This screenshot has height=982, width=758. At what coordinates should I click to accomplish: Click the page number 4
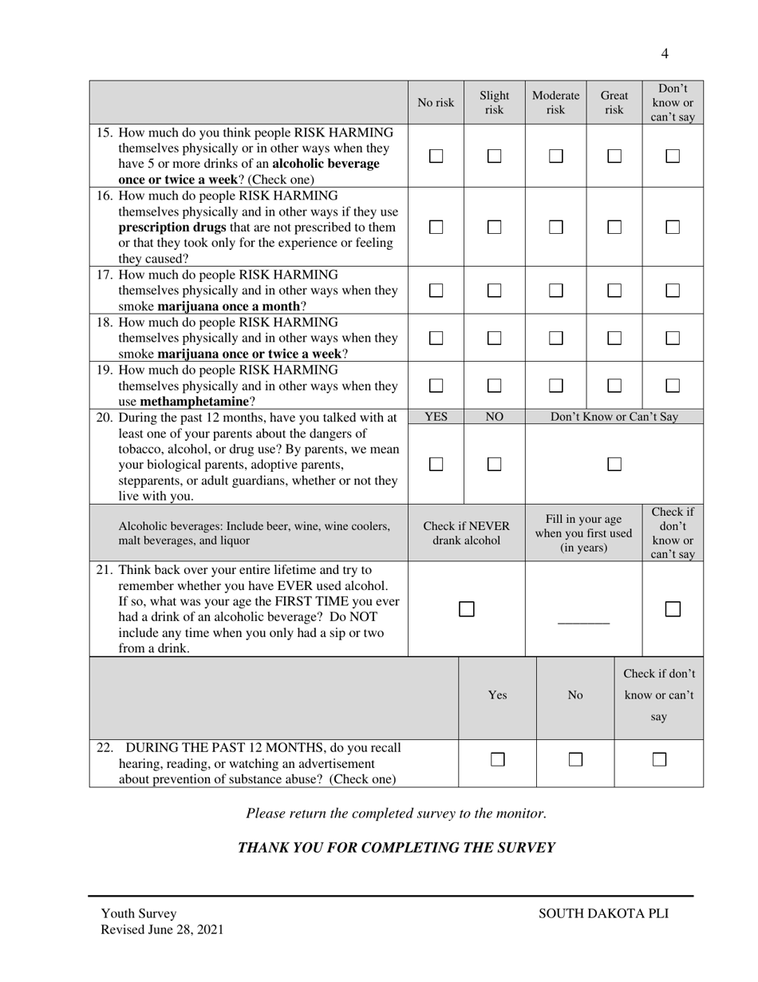(x=665, y=54)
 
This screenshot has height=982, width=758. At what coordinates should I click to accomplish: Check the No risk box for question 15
(x=436, y=156)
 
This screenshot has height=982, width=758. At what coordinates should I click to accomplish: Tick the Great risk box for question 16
(x=614, y=227)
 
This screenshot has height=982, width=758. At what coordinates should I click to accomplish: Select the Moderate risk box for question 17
(x=555, y=291)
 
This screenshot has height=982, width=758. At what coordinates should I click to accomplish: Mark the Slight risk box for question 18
(x=494, y=338)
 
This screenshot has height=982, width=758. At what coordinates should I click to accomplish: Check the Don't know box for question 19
(x=673, y=386)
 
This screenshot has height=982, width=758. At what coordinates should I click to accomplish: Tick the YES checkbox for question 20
(x=436, y=464)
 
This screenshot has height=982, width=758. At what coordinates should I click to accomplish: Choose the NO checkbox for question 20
(x=494, y=464)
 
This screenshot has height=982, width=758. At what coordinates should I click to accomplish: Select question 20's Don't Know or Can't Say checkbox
(x=614, y=464)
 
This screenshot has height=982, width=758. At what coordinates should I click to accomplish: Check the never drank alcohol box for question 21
(x=467, y=609)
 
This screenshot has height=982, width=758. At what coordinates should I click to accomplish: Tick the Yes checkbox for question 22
(x=497, y=760)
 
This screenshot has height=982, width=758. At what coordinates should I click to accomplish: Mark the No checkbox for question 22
(x=575, y=760)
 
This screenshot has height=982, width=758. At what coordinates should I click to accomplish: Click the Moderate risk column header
(x=555, y=103)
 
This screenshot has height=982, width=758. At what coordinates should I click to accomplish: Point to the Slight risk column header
(x=494, y=103)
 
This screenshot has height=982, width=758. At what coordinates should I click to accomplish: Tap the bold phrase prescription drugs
(x=172, y=228)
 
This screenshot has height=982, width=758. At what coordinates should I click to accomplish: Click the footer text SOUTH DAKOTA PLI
(x=603, y=914)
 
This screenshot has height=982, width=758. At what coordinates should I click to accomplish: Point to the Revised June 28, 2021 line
(x=162, y=930)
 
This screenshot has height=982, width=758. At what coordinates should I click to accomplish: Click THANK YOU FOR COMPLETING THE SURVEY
(x=396, y=848)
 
